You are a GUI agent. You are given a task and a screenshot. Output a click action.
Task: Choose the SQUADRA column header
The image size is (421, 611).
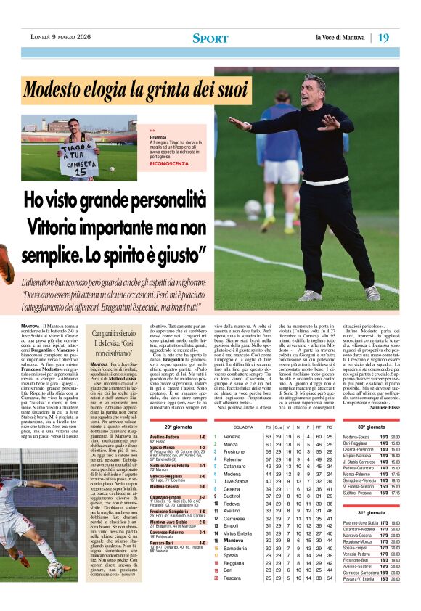244,427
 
